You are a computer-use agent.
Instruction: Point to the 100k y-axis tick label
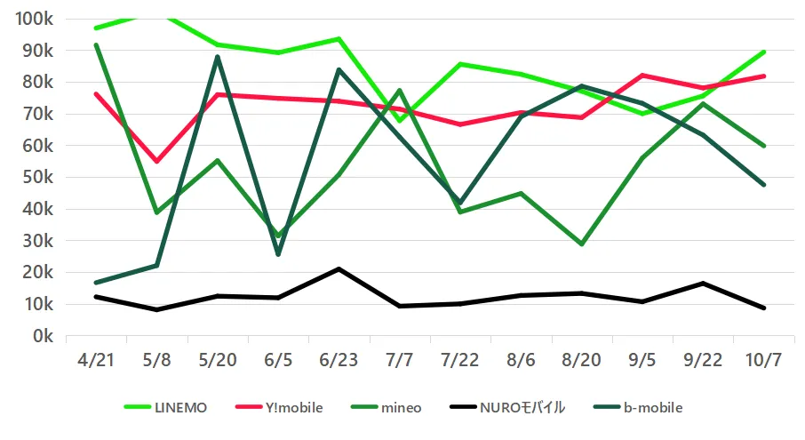click(33, 19)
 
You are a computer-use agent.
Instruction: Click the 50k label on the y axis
click(36, 178)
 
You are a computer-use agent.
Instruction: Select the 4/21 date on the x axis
click(96, 360)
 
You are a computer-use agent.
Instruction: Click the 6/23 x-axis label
click(339, 360)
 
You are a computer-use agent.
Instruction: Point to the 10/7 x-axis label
click(764, 360)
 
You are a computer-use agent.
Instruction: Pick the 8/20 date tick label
click(582, 360)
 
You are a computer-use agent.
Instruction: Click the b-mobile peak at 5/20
click(218, 57)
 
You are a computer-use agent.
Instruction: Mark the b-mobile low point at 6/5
click(278, 254)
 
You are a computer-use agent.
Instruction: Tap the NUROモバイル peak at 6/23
click(339, 268)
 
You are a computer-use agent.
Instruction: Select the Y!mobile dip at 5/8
click(156, 161)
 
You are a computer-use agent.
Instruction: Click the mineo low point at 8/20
click(582, 244)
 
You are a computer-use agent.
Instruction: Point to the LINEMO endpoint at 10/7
click(764, 52)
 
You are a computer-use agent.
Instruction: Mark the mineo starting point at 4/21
click(96, 44)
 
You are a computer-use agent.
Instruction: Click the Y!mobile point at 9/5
click(642, 76)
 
